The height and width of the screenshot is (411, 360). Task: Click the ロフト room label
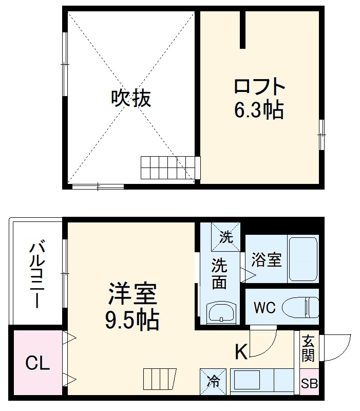point(259,86)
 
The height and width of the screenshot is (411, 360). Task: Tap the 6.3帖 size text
point(259,109)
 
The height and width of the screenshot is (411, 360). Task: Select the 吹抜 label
point(131,98)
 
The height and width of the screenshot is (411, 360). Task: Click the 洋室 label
point(132,295)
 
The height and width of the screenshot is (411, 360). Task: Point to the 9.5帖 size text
point(132,321)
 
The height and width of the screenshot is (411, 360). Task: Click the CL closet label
point(38,364)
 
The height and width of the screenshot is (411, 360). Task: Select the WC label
point(264,308)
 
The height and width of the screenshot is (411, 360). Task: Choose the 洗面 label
point(219,274)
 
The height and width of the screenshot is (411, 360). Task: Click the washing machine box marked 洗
point(226,237)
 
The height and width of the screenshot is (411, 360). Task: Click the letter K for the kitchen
point(241,352)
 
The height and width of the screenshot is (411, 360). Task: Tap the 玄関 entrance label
point(308,348)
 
